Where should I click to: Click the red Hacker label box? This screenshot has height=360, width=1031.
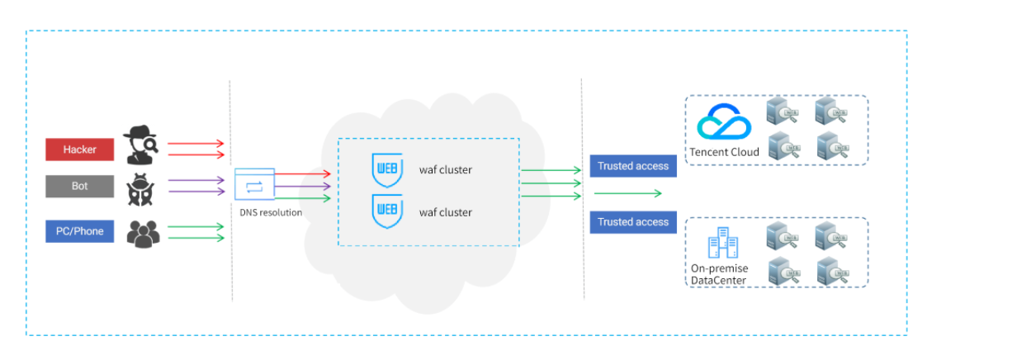pos(79,149)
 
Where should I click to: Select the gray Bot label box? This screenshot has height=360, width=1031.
pos(79,187)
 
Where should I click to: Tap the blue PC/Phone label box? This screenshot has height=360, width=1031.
pos(79,231)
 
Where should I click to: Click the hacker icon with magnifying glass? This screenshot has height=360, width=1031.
pos(142,146)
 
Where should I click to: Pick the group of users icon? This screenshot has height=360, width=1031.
pos(143,233)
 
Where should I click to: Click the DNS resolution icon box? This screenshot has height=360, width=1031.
pos(254,185)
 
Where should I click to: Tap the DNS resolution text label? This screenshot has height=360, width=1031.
pos(271,212)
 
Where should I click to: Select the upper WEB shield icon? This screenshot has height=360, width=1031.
pos(386,169)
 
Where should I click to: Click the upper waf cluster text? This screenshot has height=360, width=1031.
pos(445,170)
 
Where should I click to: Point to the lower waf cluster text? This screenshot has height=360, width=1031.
pos(445,212)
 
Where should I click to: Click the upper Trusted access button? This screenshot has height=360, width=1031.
pos(633,166)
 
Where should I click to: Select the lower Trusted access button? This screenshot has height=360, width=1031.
pos(633,222)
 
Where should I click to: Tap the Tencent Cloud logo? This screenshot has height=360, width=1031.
pos(724,124)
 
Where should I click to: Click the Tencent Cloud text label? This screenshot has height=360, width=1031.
pos(725,152)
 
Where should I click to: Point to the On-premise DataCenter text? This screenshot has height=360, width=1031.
pos(719,274)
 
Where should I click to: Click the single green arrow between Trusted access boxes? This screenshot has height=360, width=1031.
pos(627,193)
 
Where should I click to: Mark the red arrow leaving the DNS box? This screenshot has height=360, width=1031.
pos(302,174)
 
